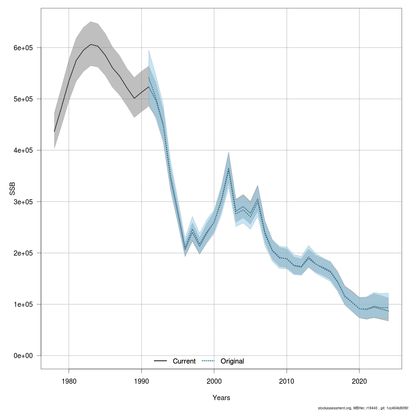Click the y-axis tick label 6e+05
pos(23,48)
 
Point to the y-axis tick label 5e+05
pos(23,99)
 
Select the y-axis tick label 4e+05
pos(23,150)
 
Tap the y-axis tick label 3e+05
pos(23,202)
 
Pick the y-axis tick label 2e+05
pos(23,253)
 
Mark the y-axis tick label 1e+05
pos(23,304)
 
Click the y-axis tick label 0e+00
pos(23,356)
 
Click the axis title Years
pos(221,398)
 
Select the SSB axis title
pos(12,189)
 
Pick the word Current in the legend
pos(184,361)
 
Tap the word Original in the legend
pos(232,361)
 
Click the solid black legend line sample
pos(160,361)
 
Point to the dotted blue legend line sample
pos(208,361)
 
